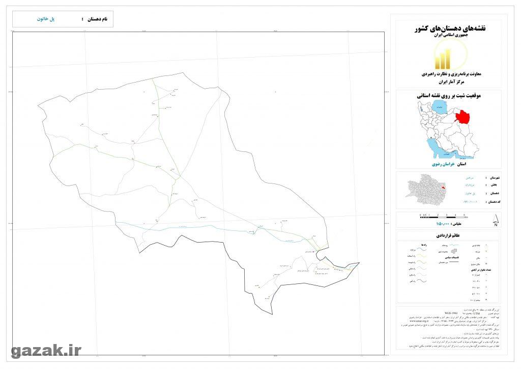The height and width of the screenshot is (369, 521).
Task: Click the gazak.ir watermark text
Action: click(46, 350)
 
